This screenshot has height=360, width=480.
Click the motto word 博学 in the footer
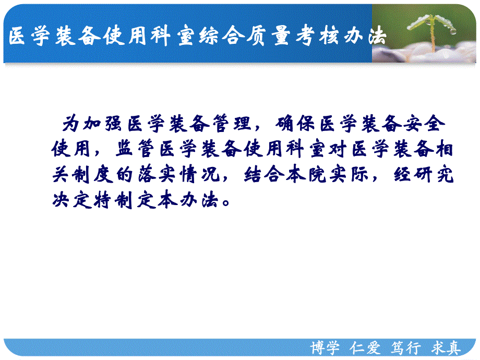pyautogui.click(x=324, y=348)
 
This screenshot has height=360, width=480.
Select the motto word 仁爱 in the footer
pyautogui.click(x=366, y=348)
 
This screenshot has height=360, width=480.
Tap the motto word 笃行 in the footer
pyautogui.click(x=405, y=348)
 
